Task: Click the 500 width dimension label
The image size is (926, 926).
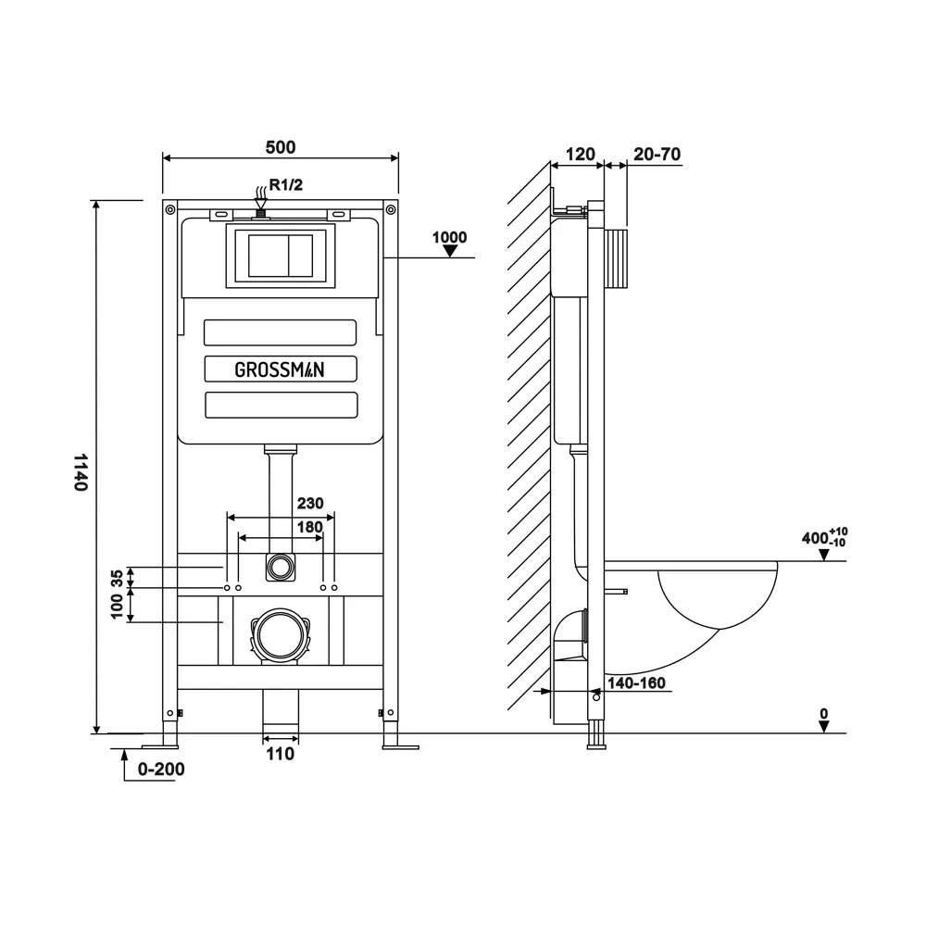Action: tap(281, 146)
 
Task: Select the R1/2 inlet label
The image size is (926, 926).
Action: tap(286, 185)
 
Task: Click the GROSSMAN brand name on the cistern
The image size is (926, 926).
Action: tap(280, 369)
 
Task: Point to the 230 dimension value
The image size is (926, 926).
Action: tap(310, 504)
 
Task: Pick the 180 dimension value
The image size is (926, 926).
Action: tap(309, 527)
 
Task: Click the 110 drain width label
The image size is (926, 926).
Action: tap(281, 755)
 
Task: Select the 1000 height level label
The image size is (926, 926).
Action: tap(450, 238)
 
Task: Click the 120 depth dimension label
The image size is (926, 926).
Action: tap(580, 154)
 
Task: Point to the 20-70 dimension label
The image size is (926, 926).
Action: tap(658, 154)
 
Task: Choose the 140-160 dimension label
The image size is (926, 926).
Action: tap(636, 683)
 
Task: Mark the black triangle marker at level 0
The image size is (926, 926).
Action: tap(824, 727)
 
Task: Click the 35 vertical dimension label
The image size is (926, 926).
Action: tap(118, 578)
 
